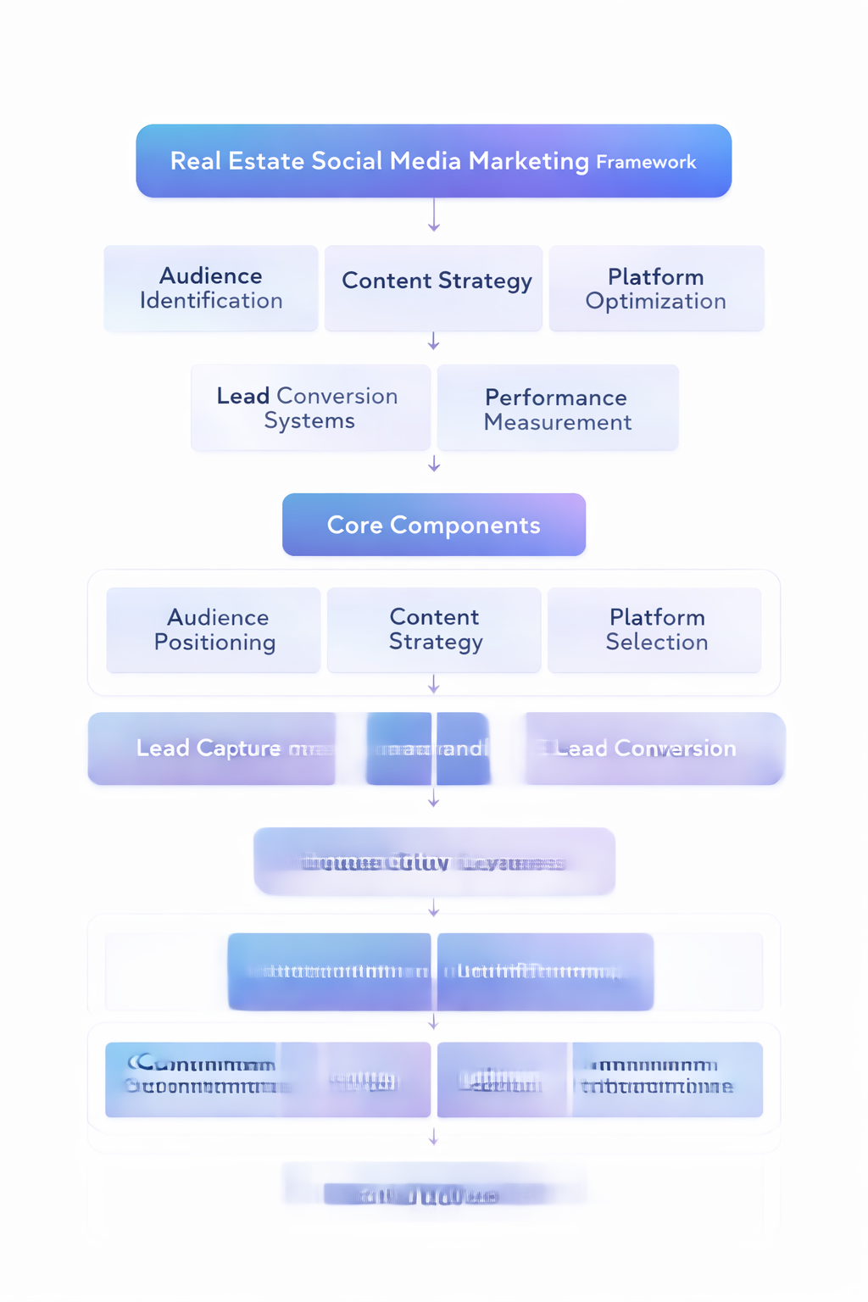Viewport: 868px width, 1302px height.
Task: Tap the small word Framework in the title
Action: pyautogui.click(x=646, y=163)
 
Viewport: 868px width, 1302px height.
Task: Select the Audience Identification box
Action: pyautogui.click(x=211, y=288)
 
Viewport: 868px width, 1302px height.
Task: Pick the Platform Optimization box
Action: pyautogui.click(x=656, y=288)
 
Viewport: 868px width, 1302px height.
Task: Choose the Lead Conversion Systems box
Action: pyautogui.click(x=309, y=408)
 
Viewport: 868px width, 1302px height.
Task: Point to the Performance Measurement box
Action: pyautogui.click(x=558, y=409)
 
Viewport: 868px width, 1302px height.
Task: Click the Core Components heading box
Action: pyautogui.click(x=433, y=526)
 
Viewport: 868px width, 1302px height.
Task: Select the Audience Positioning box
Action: pyautogui.click(x=214, y=630)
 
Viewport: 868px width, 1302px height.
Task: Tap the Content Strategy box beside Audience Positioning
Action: pyautogui.click(x=435, y=630)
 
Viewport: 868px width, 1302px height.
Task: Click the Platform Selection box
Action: pyautogui.click(x=656, y=630)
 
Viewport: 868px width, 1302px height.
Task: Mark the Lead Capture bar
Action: pyautogui.click(x=211, y=748)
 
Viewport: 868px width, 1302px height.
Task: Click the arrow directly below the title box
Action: pyautogui.click(x=434, y=216)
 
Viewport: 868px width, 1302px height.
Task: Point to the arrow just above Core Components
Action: pyautogui.click(x=434, y=464)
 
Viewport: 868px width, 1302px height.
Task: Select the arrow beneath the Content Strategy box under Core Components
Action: pyautogui.click(x=434, y=684)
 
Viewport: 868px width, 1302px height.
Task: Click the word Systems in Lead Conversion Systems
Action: pyautogui.click(x=309, y=421)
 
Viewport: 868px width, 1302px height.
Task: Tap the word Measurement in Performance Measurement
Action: pyautogui.click(x=558, y=422)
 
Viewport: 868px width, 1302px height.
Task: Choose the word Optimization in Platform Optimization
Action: pyautogui.click(x=656, y=302)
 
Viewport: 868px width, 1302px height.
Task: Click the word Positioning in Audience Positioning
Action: pyautogui.click(x=214, y=643)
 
